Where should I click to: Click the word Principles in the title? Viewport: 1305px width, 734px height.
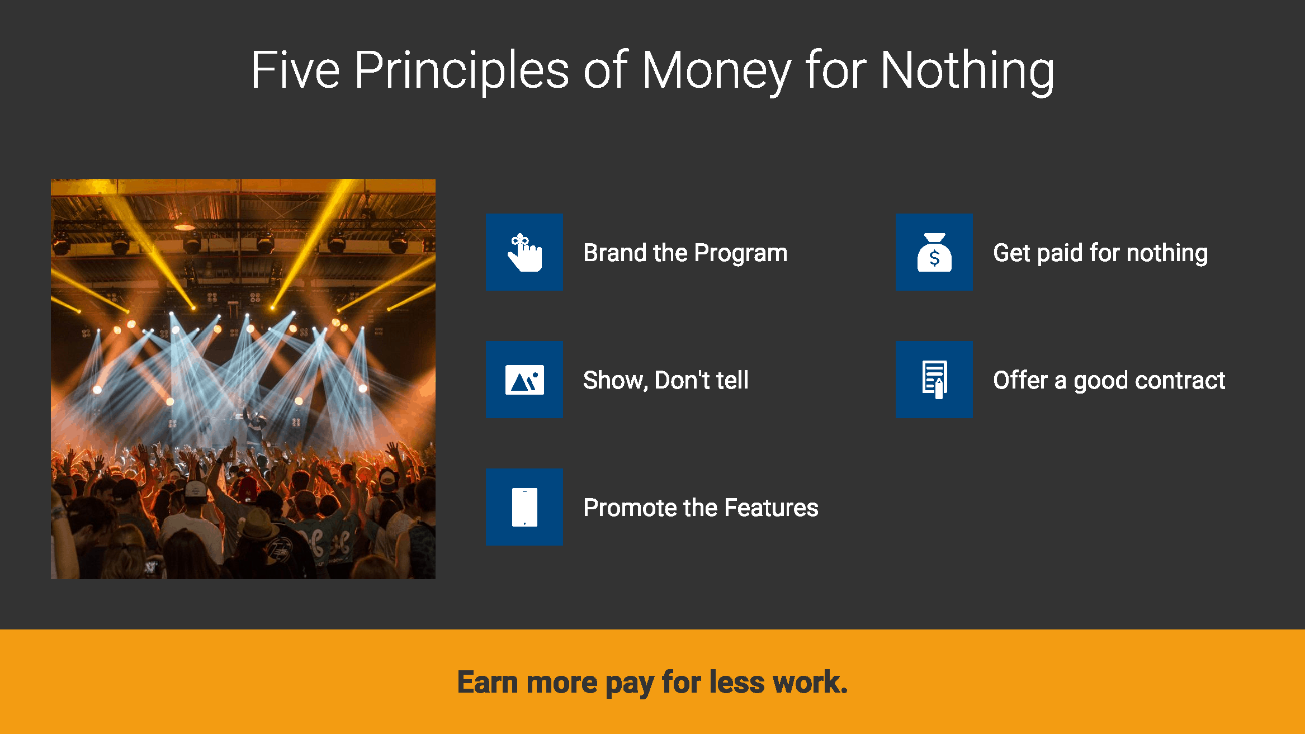click(461, 70)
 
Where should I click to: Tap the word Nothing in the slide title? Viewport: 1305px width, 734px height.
click(967, 70)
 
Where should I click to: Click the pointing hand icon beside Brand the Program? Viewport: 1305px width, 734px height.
click(524, 252)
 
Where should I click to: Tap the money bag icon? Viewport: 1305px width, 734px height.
click(934, 252)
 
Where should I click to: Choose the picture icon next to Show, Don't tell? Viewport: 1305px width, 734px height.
click(524, 380)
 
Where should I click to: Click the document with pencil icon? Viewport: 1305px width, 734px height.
click(934, 380)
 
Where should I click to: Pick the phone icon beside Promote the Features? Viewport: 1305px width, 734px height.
click(524, 507)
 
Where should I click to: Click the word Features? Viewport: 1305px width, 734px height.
click(771, 508)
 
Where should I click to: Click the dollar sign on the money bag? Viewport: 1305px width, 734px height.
click(934, 258)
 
